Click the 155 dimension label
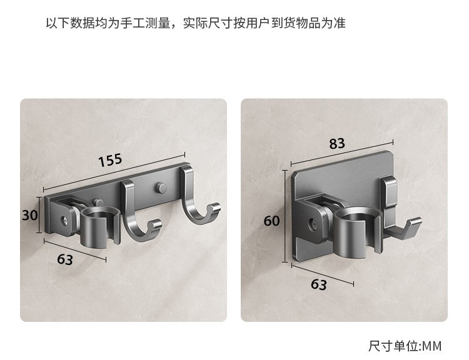(x=110, y=160)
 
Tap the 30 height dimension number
(x=30, y=215)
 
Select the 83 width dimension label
(x=337, y=144)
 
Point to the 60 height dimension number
(x=271, y=221)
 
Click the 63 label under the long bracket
(x=65, y=259)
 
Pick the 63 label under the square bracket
(x=319, y=284)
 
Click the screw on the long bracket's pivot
(x=66, y=221)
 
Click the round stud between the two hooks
(x=161, y=187)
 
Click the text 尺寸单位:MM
(x=405, y=346)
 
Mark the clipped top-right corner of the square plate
(x=391, y=152)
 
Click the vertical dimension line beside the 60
(x=285, y=216)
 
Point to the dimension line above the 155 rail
(x=114, y=172)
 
